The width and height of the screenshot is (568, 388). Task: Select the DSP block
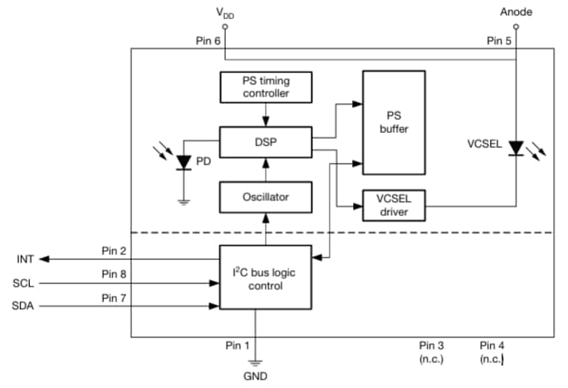tap(265, 141)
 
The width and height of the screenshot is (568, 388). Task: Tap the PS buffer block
tap(393, 122)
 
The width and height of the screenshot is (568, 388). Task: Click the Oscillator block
tap(265, 197)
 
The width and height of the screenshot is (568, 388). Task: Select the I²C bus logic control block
tap(265, 277)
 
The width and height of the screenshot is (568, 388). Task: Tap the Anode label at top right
tap(515, 12)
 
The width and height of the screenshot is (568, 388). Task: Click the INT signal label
tap(24, 259)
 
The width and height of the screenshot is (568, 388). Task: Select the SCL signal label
tap(24, 283)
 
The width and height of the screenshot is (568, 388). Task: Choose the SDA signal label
tap(24, 307)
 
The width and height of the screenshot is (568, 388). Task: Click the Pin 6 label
tap(208, 41)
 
